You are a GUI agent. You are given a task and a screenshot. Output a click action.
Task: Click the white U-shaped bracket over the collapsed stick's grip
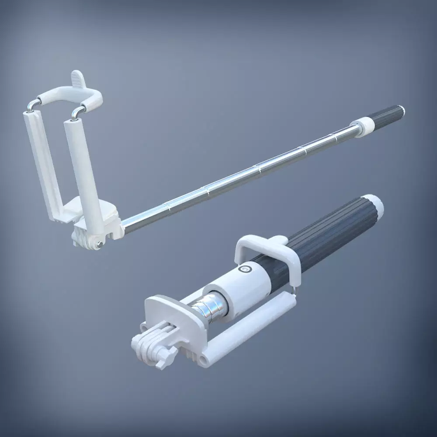[x=262, y=245]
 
